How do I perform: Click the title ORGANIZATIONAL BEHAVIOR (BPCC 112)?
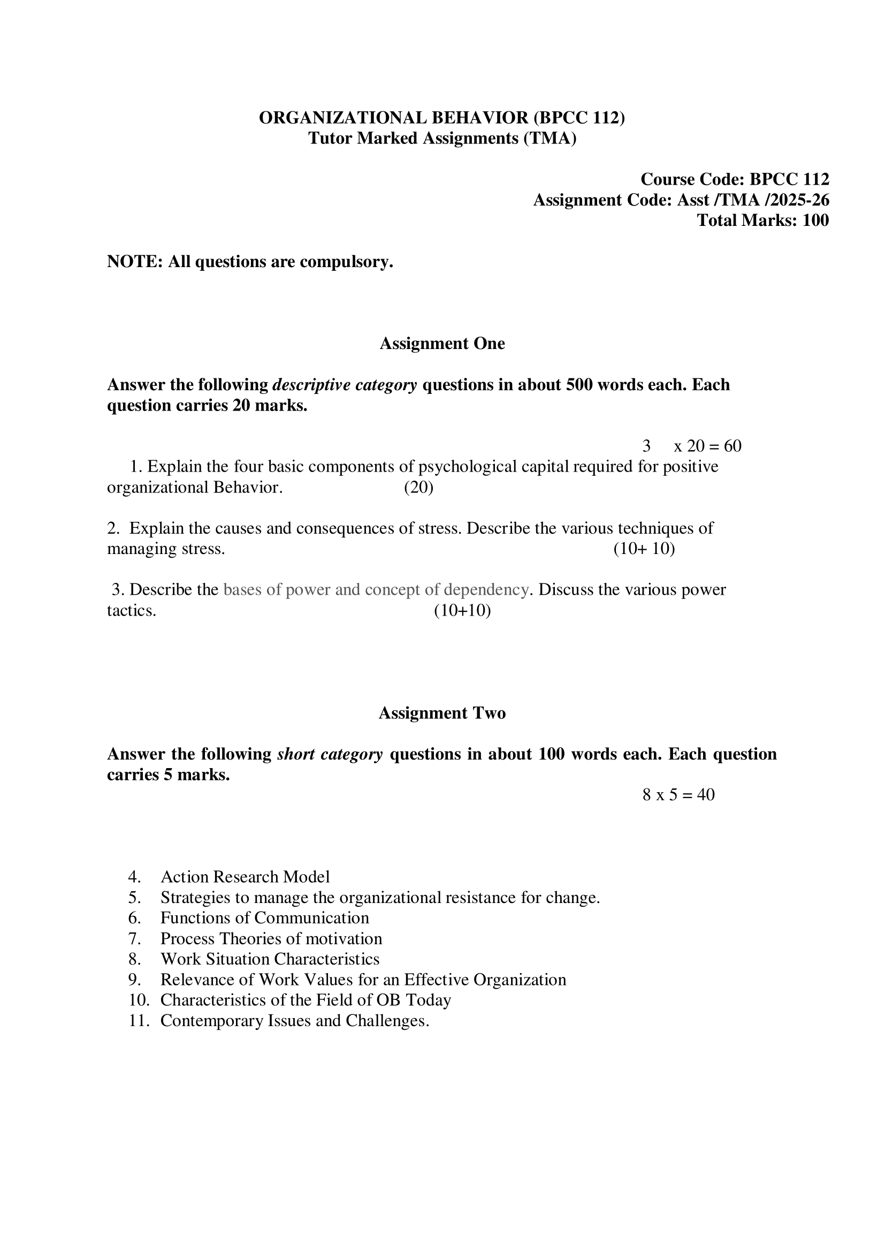[441, 118]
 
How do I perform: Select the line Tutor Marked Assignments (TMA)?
[442, 139]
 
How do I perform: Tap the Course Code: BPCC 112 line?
[735, 179]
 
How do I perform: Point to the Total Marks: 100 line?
[762, 221]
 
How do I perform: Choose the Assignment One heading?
[442, 344]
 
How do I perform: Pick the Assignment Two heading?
[442, 713]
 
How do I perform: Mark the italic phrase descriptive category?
[345, 385]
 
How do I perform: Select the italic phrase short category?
[330, 754]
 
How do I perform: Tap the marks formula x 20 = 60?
[707, 446]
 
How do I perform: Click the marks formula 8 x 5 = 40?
[678, 794]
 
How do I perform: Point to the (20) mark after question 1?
[418, 487]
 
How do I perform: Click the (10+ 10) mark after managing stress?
[644, 549]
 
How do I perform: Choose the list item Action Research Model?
[245, 877]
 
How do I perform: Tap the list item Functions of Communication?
[264, 918]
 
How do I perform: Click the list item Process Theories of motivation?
[271, 938]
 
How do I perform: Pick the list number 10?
[139, 1000]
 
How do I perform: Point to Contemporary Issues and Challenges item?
[294, 1021]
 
